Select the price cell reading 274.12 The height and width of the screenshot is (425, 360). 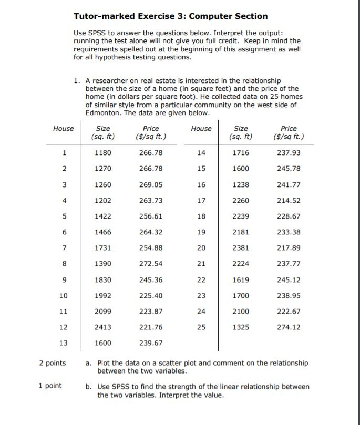289,327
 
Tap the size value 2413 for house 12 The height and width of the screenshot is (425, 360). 103,327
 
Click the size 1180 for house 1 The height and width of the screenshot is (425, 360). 103,152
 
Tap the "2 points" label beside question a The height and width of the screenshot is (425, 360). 53,363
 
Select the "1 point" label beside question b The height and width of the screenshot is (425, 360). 50,386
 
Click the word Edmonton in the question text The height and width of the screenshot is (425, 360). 103,113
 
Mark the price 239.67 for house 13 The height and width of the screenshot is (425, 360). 151,343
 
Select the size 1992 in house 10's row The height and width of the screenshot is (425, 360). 103,296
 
